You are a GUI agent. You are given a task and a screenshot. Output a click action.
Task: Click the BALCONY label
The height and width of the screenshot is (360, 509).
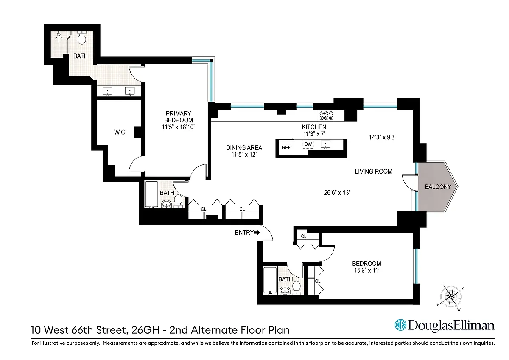438,187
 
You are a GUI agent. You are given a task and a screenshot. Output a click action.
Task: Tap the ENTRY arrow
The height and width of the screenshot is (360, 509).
257,232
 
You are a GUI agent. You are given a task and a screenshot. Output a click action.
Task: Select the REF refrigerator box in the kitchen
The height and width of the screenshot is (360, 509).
286,148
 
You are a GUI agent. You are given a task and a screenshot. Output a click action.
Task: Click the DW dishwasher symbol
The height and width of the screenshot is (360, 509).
308,144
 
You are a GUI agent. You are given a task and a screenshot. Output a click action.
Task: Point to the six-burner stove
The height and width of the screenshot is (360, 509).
326,115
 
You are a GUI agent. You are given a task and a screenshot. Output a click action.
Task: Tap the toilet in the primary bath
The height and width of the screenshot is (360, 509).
82,38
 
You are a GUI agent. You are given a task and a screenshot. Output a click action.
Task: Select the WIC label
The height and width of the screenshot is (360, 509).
119,132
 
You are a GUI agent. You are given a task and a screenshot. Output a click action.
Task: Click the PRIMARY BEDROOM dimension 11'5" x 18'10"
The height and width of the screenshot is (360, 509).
179,127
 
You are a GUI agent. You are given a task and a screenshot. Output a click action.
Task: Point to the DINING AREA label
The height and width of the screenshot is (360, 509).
244,148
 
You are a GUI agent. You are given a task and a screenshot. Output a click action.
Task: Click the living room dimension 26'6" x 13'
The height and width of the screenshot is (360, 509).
337,193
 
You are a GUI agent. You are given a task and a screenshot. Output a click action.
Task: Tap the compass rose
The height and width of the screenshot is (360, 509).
451,296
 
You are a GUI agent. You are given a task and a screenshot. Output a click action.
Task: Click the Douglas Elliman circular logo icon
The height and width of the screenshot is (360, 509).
400,325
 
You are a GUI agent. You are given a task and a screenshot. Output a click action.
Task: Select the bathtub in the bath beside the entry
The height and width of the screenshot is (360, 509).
270,281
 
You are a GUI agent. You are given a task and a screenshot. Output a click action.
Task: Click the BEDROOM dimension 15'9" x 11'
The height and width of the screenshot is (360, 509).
367,270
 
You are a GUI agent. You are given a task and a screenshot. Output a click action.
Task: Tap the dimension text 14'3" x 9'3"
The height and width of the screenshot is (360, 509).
383,137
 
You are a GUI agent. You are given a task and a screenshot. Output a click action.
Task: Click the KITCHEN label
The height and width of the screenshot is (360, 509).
314,127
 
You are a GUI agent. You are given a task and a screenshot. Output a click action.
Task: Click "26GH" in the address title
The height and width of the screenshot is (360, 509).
145,330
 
